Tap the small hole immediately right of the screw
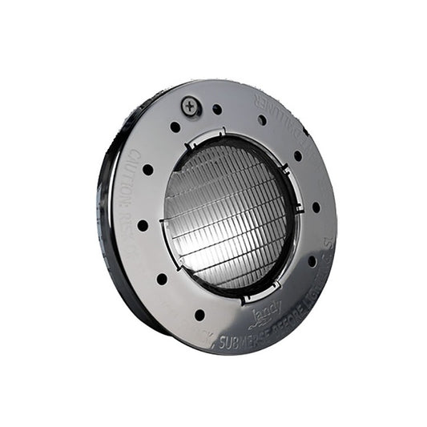217,109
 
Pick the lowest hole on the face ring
199,315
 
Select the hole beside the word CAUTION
147,170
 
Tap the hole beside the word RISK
143,225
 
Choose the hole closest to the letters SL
312,260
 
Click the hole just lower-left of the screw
175,127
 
